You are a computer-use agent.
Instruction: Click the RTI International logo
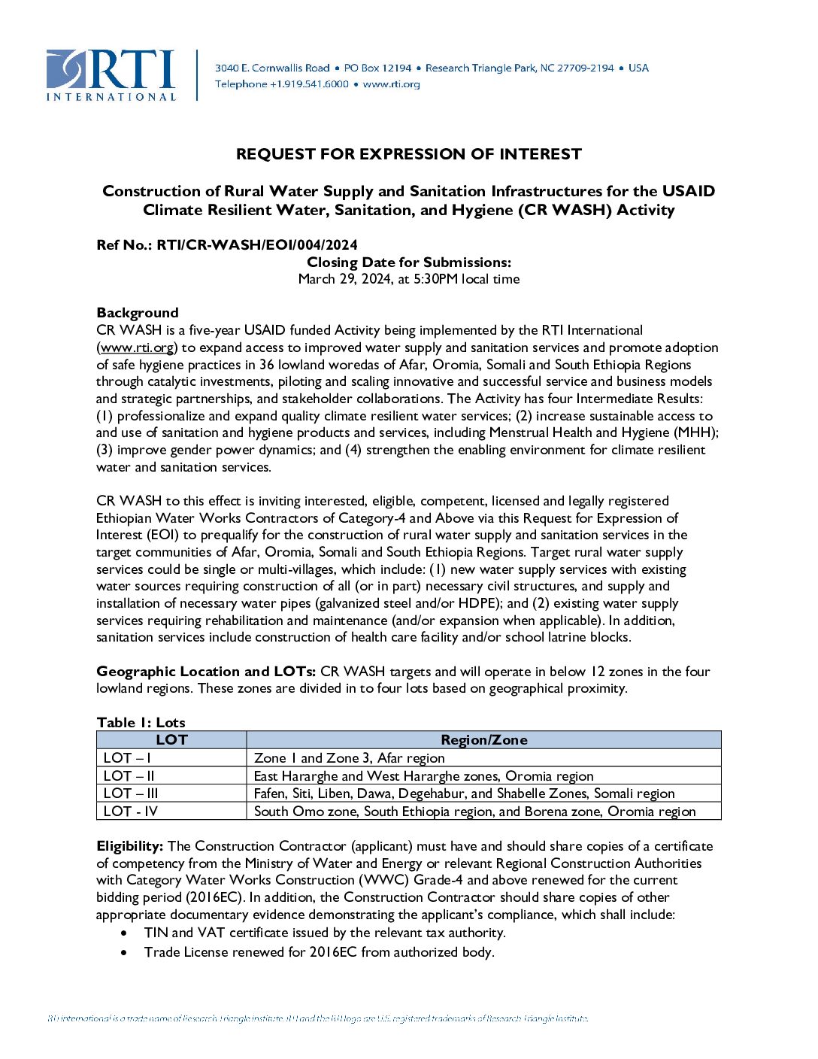(x=111, y=75)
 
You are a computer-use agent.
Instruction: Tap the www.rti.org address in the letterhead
(x=391, y=84)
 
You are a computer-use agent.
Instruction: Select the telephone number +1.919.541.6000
(x=309, y=84)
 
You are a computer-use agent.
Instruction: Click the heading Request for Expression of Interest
(x=408, y=154)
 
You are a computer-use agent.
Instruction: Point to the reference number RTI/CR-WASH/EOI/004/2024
(x=257, y=244)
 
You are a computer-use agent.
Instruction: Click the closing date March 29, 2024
(x=344, y=279)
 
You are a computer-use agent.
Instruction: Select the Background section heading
(x=138, y=313)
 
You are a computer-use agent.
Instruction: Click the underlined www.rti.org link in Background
(x=137, y=347)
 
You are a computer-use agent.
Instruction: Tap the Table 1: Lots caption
(x=141, y=722)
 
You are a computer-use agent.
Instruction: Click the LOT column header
(x=171, y=740)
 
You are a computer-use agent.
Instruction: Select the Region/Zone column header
(x=483, y=740)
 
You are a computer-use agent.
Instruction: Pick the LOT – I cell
(x=127, y=758)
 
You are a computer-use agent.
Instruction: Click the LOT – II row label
(x=129, y=775)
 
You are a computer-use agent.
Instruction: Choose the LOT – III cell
(x=131, y=793)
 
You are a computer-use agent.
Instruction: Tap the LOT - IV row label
(x=131, y=812)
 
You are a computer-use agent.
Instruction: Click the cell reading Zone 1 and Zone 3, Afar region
(x=349, y=758)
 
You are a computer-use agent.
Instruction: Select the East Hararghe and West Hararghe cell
(x=423, y=775)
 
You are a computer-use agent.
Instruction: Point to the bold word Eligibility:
(x=129, y=846)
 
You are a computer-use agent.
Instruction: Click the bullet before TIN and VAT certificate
(x=124, y=933)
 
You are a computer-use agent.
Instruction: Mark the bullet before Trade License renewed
(x=124, y=952)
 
